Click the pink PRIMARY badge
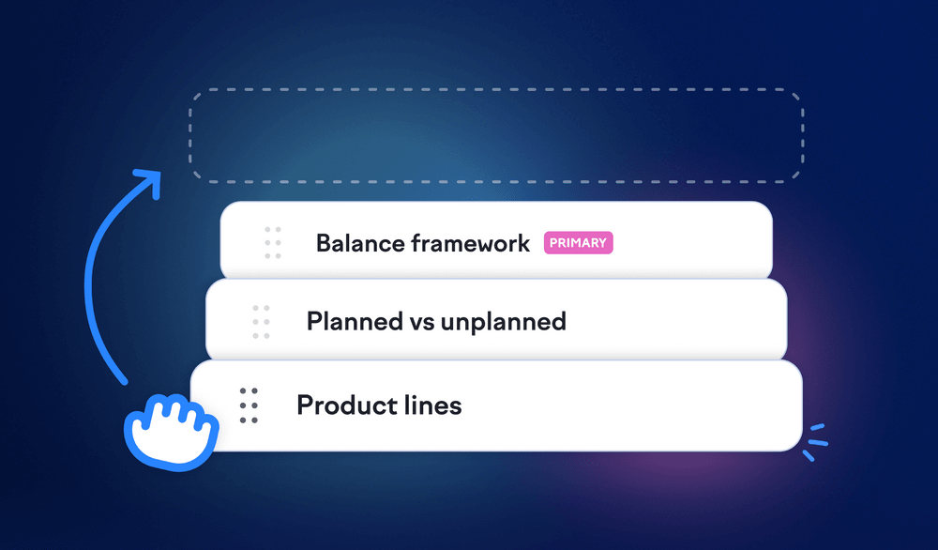coord(578,243)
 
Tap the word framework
coord(471,243)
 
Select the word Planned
coord(355,321)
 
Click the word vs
coord(422,323)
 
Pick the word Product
coord(346,405)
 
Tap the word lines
coord(432,405)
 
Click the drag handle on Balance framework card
coord(273,243)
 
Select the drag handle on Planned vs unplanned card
coord(261,321)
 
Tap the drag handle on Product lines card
coord(249,405)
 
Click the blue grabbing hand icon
coord(171,432)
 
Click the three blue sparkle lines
coord(815,442)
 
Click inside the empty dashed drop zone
coord(496,135)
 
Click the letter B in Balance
coord(325,244)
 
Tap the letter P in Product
coord(305,405)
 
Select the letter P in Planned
coord(314,321)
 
